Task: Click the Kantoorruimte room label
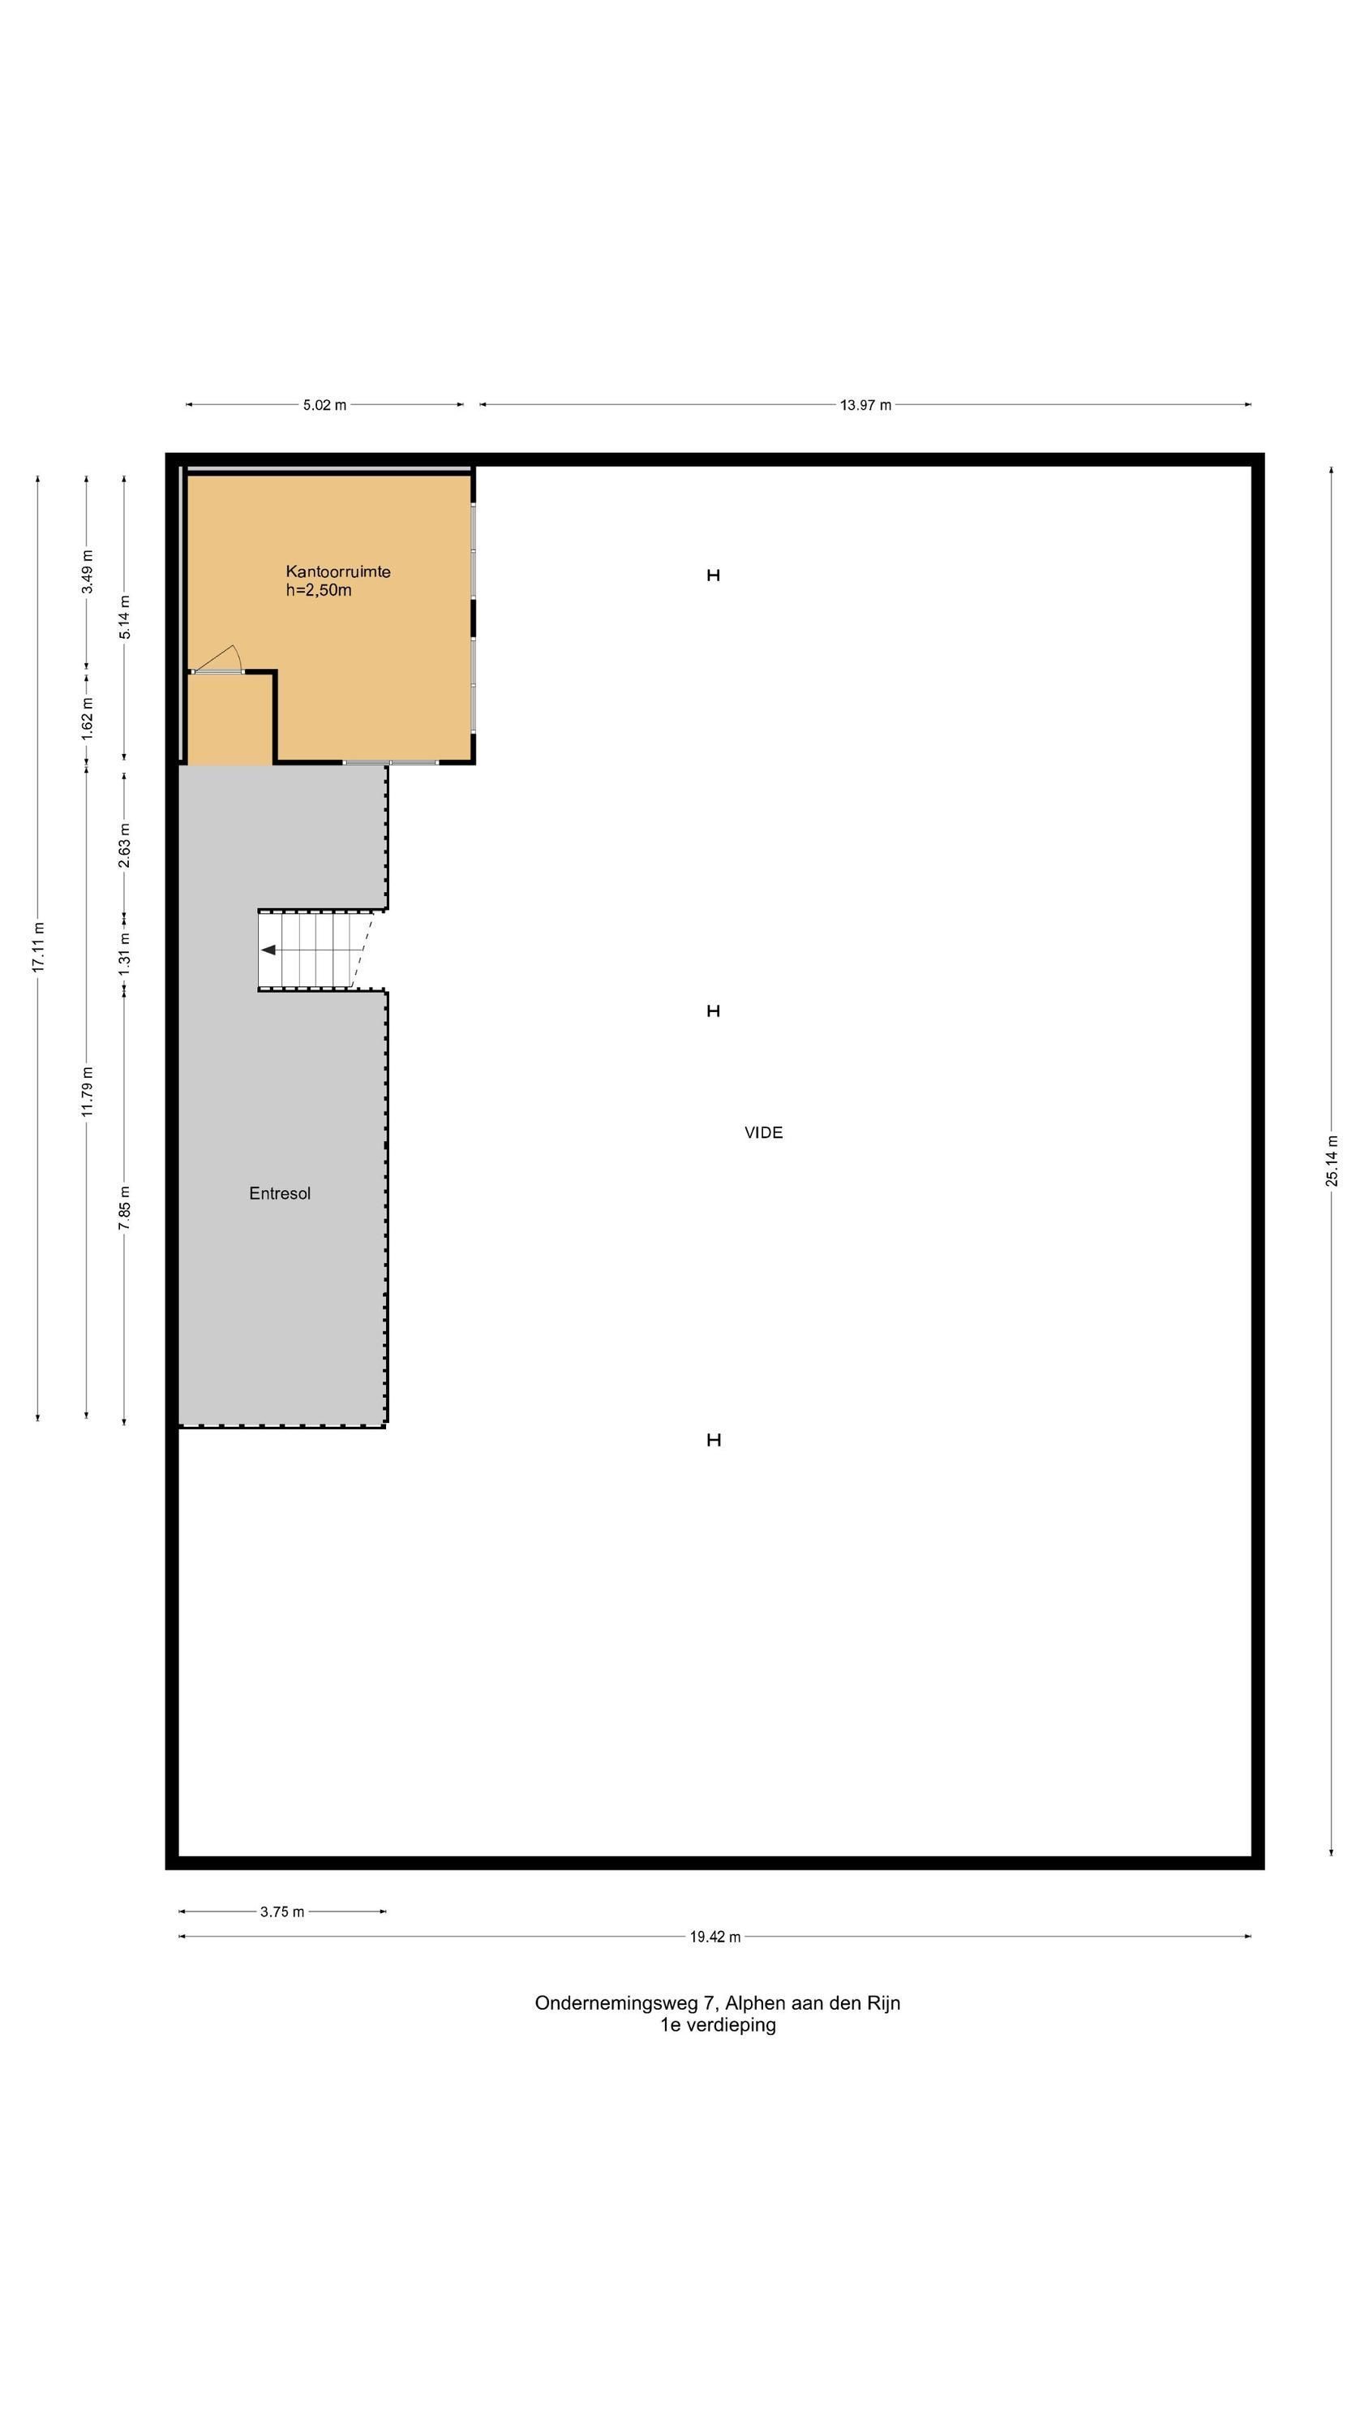(338, 572)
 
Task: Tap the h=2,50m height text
(319, 591)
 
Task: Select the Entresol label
(280, 1194)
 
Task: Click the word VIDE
(763, 1132)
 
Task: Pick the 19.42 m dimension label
(715, 1937)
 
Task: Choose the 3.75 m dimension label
(282, 1911)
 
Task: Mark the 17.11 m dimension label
(38, 946)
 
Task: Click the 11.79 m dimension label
(87, 1091)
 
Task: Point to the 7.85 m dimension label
(125, 1208)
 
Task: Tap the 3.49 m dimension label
(87, 572)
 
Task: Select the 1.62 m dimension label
(87, 719)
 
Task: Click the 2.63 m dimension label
(125, 845)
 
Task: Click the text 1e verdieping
(718, 2026)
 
